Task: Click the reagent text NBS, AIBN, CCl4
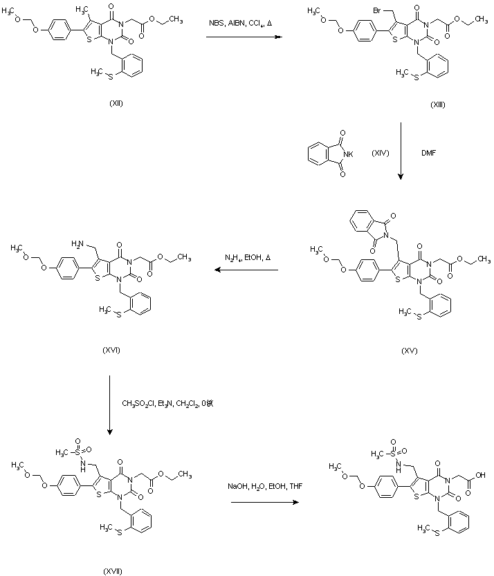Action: pos(241,24)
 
